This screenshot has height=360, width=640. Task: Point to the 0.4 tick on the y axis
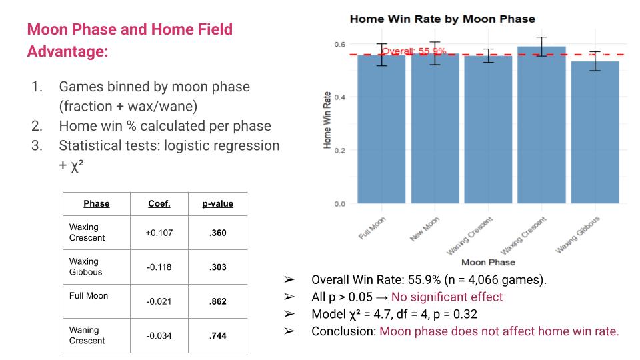(x=340, y=97)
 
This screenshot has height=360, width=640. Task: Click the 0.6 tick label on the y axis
(x=340, y=44)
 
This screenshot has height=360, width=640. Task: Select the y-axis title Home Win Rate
(x=327, y=121)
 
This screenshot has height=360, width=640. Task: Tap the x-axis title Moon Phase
(x=487, y=262)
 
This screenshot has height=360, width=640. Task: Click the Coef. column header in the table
(x=159, y=203)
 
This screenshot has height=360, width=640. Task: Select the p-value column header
(x=217, y=203)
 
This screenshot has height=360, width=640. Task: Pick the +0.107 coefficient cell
(x=159, y=233)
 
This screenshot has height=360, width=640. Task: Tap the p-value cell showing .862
(x=217, y=301)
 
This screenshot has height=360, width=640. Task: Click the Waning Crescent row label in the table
(x=87, y=335)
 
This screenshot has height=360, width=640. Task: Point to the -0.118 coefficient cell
(x=159, y=267)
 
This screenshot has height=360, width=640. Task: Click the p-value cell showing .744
(x=217, y=336)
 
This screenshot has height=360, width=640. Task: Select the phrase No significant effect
(x=447, y=297)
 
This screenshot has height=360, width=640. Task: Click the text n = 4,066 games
(x=506, y=279)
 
